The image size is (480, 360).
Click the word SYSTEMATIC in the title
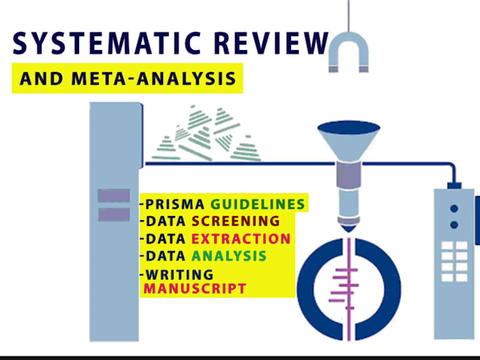coord(107,43)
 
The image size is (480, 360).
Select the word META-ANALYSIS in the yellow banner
coord(154,78)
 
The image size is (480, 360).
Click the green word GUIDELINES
coord(258,204)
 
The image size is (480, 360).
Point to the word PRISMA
coord(175,204)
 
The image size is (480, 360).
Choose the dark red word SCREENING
coord(236,221)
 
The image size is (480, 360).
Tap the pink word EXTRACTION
coord(241,239)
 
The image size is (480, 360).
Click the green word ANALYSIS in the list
coord(229,256)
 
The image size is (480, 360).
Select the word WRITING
coord(179,275)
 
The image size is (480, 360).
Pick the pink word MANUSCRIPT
coord(195,289)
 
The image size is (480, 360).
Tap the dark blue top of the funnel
coord(349,128)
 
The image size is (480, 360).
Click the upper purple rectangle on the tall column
coord(114,196)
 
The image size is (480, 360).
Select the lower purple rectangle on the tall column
coord(114,215)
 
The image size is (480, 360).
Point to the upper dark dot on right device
coord(455,209)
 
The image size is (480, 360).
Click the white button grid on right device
coord(455,261)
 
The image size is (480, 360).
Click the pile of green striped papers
coord(206,133)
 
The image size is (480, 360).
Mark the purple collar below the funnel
coord(349,175)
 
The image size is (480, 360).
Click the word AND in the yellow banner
coord(42,78)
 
